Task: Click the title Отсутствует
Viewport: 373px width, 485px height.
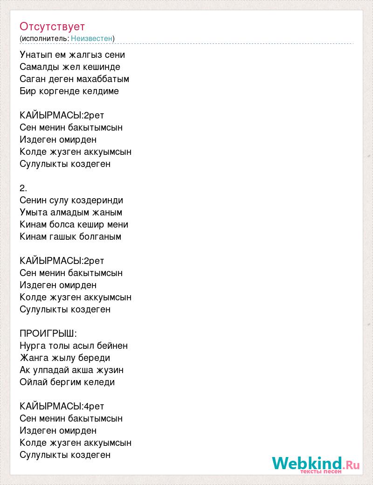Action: coord(52,26)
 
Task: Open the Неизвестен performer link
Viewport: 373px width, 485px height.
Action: coord(91,38)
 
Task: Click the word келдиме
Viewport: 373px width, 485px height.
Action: coord(102,91)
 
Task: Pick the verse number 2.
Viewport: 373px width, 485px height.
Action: coord(23,188)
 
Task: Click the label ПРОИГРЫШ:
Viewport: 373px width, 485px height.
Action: coord(48,333)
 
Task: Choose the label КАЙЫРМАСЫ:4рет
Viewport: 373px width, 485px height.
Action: coord(62,406)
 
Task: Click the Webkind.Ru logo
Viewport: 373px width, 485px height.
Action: coord(315,464)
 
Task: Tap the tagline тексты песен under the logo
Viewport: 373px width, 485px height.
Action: coord(321,471)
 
